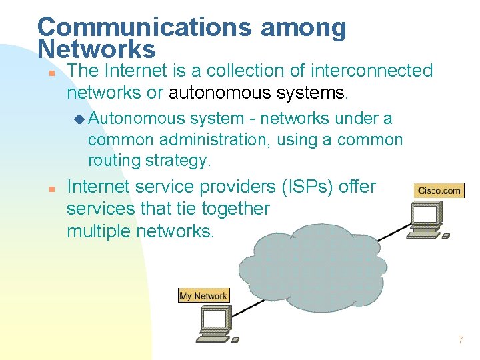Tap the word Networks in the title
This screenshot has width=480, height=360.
[x=97, y=49]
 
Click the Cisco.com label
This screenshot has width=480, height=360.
[x=439, y=191]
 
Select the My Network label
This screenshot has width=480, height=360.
[x=203, y=295]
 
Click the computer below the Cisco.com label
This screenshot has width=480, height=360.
[x=427, y=220]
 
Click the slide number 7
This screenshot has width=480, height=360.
[x=460, y=341]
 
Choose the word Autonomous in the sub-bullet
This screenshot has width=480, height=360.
[x=136, y=119]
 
